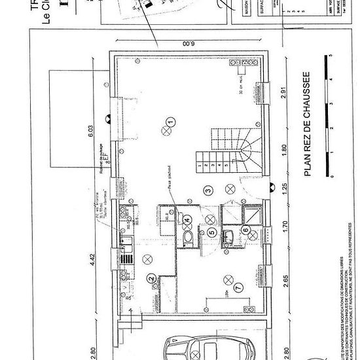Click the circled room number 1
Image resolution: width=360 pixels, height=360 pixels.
pyautogui.click(x=170, y=122)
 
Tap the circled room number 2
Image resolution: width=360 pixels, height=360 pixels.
pyautogui.click(x=151, y=279)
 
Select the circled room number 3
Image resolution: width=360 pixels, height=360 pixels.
pyautogui.click(x=207, y=190)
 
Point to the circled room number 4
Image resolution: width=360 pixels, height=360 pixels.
pyautogui.click(x=187, y=220)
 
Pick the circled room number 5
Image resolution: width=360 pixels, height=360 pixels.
pyautogui.click(x=211, y=231)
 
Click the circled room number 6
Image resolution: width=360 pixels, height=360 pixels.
pyautogui.click(x=246, y=230)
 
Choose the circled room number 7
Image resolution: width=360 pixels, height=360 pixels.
pyautogui.click(x=238, y=287)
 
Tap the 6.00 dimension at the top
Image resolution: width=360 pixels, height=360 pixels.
pyautogui.click(x=187, y=44)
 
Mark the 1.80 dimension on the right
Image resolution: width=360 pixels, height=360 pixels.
pyautogui.click(x=283, y=150)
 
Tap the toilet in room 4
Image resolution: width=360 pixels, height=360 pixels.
pyautogui.click(x=188, y=237)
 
